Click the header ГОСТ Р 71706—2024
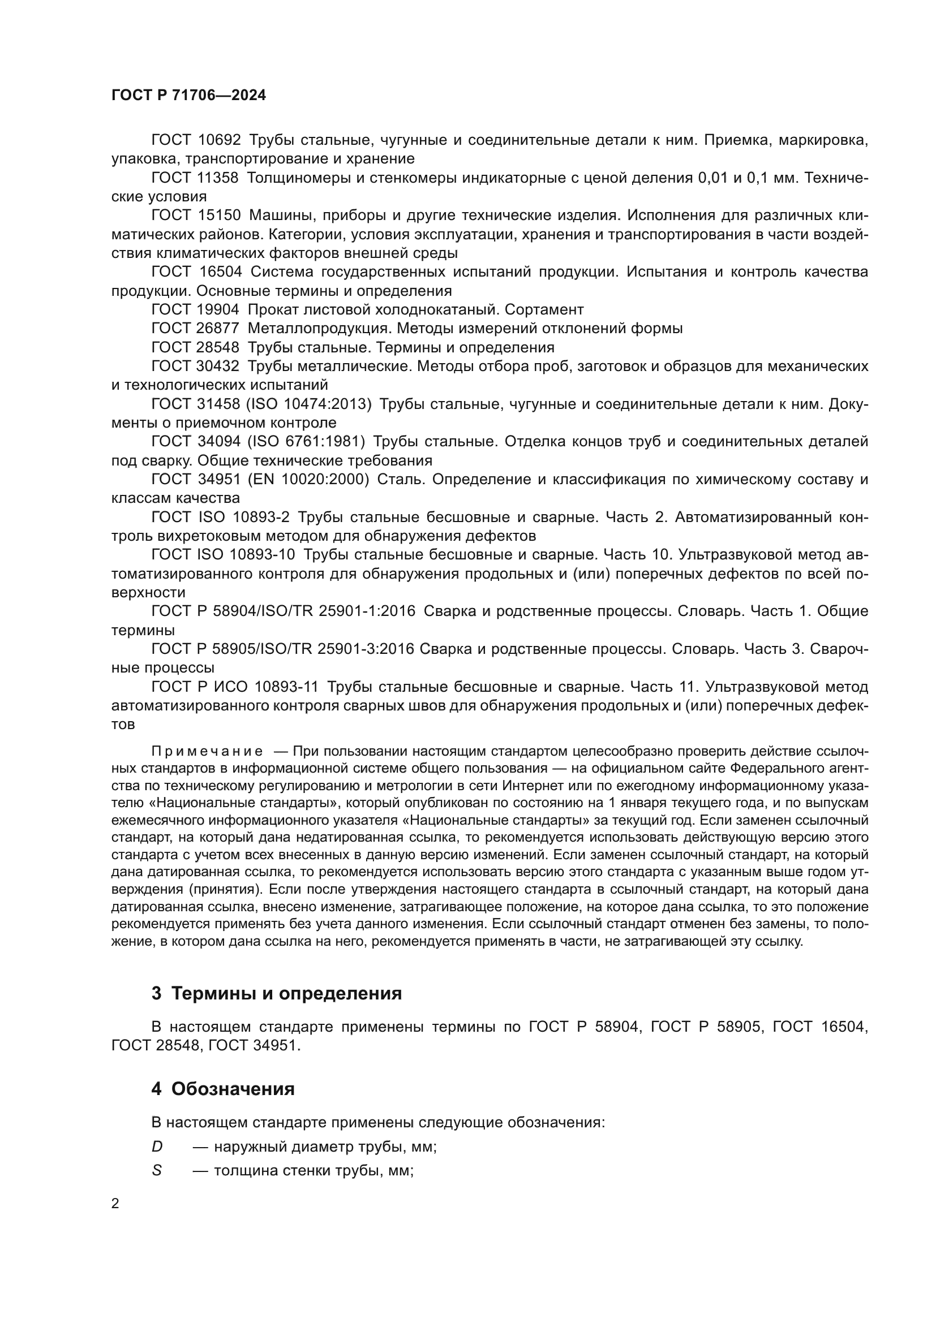[x=188, y=96]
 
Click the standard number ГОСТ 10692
[x=195, y=140]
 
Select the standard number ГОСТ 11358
[x=195, y=178]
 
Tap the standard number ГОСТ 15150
[x=195, y=216]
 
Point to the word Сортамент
[x=544, y=310]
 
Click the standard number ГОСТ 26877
[x=195, y=329]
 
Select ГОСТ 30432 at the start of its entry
[x=195, y=367]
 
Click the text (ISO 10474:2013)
[x=308, y=404]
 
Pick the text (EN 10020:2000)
[x=307, y=480]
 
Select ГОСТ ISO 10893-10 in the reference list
[x=223, y=555]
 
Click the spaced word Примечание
[x=207, y=752]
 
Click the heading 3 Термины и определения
[x=276, y=994]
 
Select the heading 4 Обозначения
[x=222, y=1089]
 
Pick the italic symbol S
[x=156, y=1171]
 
